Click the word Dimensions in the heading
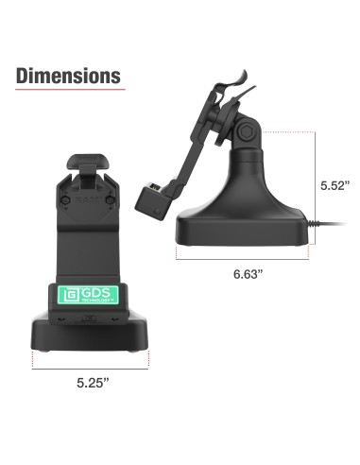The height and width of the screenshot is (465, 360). click(69, 75)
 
